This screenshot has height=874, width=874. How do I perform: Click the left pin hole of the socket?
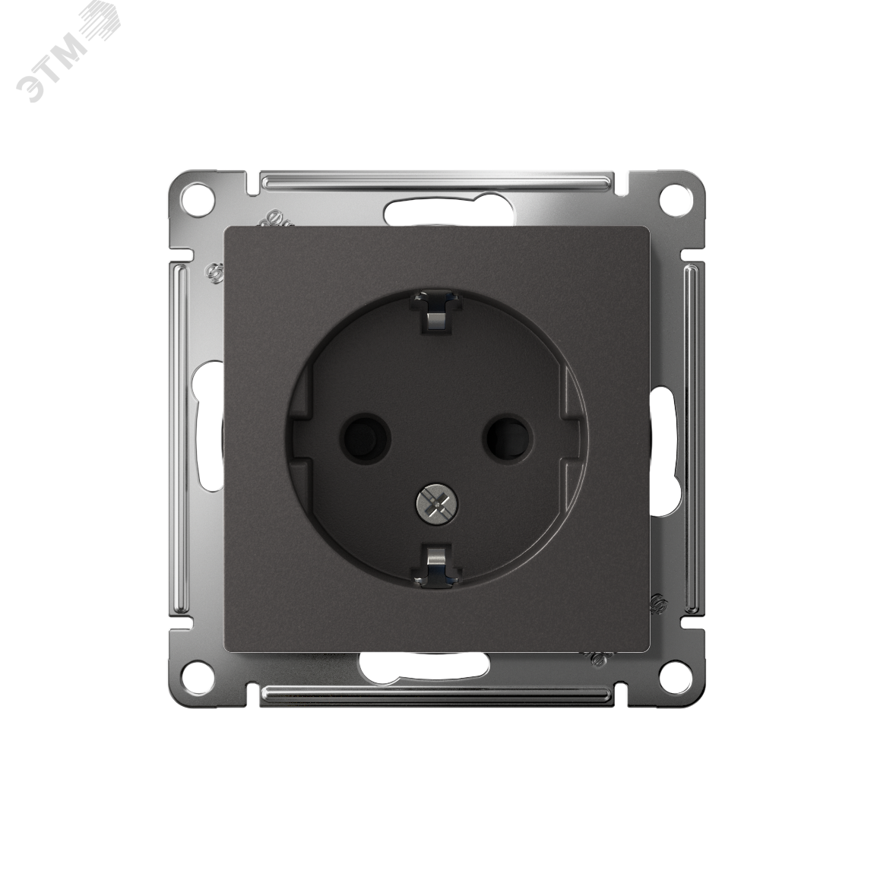(x=367, y=436)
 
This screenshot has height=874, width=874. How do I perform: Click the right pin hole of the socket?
(x=507, y=436)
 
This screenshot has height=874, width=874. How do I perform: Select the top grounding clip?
(x=437, y=313)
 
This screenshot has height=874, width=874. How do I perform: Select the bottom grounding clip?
(x=436, y=564)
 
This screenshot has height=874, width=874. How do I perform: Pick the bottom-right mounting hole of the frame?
(x=674, y=674)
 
